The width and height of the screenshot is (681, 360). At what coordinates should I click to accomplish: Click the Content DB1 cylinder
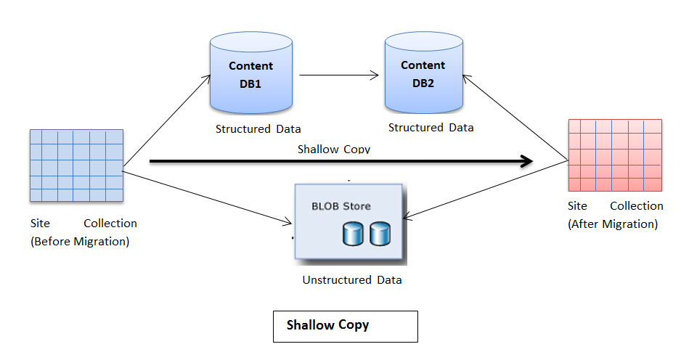tap(250, 75)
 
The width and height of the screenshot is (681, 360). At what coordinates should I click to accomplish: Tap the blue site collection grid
tap(76, 165)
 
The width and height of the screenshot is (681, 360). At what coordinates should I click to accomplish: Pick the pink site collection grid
tap(615, 155)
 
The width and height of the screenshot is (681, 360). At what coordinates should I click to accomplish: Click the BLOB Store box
tap(349, 223)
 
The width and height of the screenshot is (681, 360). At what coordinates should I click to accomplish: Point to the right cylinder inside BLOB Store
tap(380, 234)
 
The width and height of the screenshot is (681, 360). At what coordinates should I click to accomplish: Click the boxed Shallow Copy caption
tap(345, 326)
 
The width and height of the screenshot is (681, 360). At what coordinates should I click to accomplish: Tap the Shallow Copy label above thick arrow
tap(333, 149)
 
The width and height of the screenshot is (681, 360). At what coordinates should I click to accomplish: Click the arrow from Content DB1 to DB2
tap(340, 74)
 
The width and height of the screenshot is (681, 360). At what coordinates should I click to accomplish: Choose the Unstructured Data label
tap(352, 280)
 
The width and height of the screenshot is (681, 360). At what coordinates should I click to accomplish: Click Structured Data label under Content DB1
tap(258, 129)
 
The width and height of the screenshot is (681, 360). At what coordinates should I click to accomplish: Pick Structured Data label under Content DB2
tap(431, 128)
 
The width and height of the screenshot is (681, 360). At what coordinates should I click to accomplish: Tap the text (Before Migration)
tap(80, 242)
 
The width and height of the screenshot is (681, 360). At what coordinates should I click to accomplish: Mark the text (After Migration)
tap(612, 224)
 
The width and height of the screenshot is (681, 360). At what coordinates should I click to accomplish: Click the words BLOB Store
tap(341, 206)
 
